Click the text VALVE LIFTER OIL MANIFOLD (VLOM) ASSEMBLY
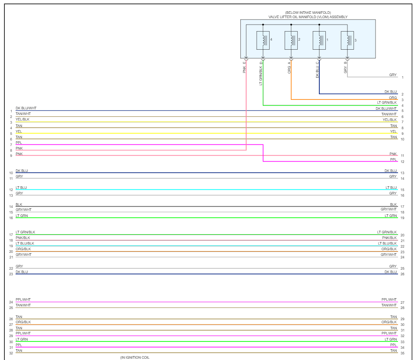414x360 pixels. tap(308, 17)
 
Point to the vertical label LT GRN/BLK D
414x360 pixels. tap(261, 73)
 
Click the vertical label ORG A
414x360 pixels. tap(289, 67)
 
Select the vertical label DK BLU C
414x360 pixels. tap(317, 69)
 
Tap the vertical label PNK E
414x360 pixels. tap(244, 67)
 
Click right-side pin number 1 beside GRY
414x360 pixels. tap(402, 77)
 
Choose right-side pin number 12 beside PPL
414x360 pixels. tap(402, 162)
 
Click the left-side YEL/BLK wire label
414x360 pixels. tap(22, 119)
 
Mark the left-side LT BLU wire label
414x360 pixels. tap(21, 188)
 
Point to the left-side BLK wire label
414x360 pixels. tap(19, 204)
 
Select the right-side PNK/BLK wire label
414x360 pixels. tap(389, 238)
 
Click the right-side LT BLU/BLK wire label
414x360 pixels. tap(387, 243)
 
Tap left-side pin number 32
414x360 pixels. tap(11, 353)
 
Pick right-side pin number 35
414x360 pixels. tap(402, 353)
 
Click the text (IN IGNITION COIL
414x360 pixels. tap(134, 357)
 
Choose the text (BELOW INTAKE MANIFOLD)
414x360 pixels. tap(308, 13)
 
